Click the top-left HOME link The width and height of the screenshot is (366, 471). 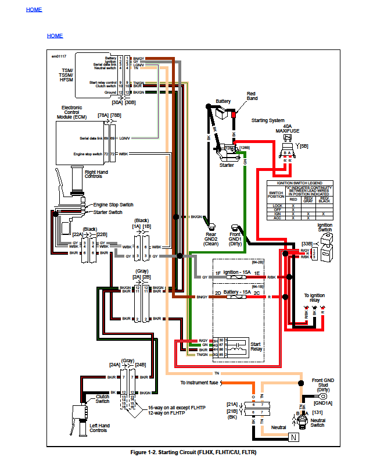(x=34, y=10)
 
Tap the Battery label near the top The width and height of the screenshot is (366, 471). (x=223, y=101)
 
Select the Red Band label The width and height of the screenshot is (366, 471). (x=251, y=97)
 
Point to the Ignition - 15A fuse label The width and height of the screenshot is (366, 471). (x=238, y=272)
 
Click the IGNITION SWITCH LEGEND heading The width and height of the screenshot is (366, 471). (x=300, y=183)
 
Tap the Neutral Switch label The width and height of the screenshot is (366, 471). (x=318, y=423)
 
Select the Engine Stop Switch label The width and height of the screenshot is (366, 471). (x=114, y=205)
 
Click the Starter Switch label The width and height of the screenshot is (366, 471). (x=109, y=212)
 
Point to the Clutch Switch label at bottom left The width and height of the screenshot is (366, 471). (x=102, y=399)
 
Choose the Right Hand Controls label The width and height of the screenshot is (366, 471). (x=96, y=175)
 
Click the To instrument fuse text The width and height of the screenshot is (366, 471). (x=199, y=383)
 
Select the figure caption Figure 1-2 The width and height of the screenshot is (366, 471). (x=194, y=452)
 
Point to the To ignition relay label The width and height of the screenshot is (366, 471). (x=314, y=298)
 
